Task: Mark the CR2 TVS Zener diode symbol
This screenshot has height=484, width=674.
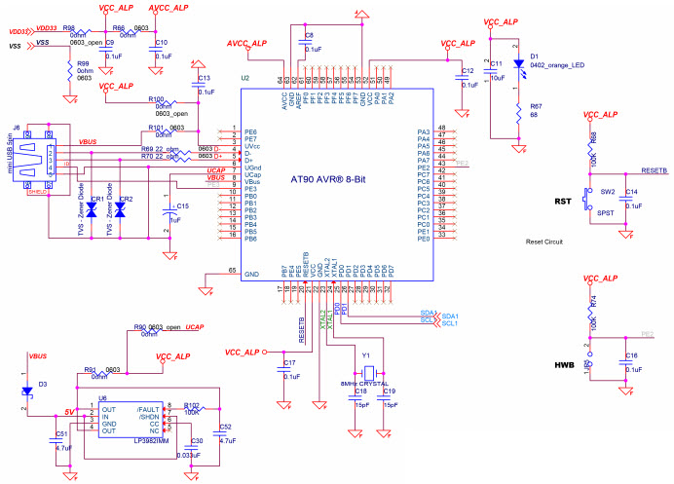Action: tap(122, 209)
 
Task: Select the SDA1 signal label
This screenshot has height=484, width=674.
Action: tap(449, 316)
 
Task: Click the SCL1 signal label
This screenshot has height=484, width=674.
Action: tap(449, 323)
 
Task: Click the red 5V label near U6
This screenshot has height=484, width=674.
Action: tap(69, 412)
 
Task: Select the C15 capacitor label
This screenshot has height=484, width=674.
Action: tap(183, 205)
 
